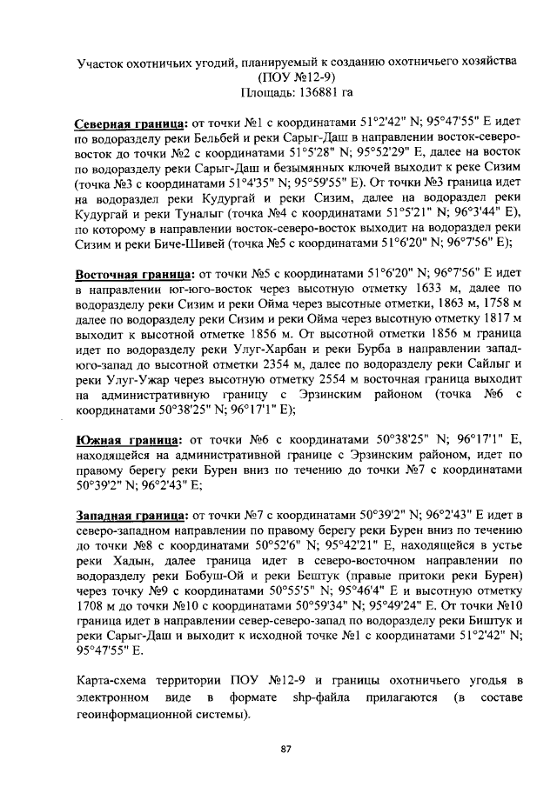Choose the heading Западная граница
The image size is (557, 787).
(131, 515)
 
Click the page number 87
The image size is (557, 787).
(285, 750)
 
